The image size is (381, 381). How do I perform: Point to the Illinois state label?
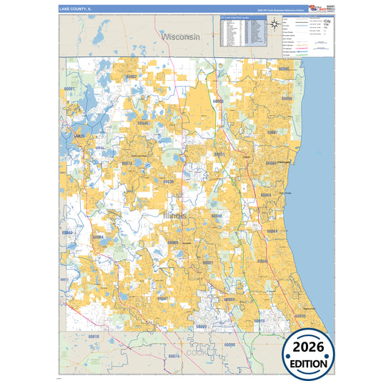(x=174, y=214)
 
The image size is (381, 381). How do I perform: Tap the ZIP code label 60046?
(x=144, y=123)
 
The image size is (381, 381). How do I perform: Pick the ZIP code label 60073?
(x=128, y=163)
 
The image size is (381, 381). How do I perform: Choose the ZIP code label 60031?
(x=219, y=154)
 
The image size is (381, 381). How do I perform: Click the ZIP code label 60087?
(x=272, y=132)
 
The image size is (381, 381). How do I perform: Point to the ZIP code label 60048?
(x=217, y=215)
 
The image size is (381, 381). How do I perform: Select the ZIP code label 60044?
(x=272, y=231)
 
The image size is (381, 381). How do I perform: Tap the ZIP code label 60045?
(x=262, y=261)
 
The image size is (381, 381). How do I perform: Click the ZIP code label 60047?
(x=162, y=298)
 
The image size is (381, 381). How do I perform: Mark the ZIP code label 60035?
(x=300, y=315)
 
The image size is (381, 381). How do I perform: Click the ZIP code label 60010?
(x=93, y=335)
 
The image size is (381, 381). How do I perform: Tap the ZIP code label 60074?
(x=173, y=355)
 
